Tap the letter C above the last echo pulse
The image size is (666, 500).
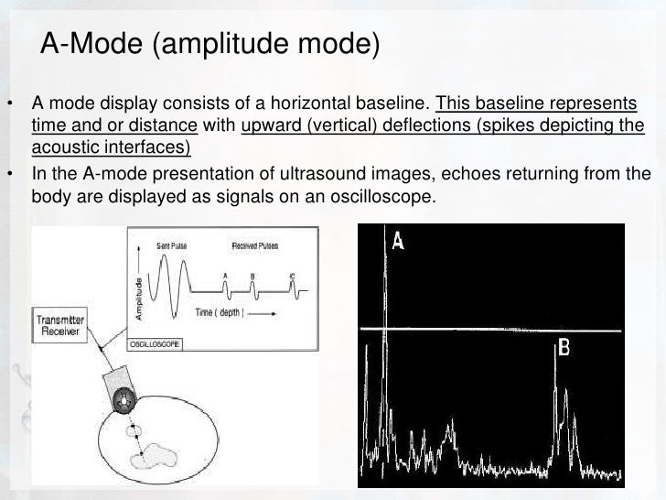pyautogui.click(x=291, y=275)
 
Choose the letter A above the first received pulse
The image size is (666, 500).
pyautogui.click(x=225, y=275)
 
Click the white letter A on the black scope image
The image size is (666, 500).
pyautogui.click(x=399, y=240)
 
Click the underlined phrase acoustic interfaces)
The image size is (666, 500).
pyautogui.click(x=109, y=148)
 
